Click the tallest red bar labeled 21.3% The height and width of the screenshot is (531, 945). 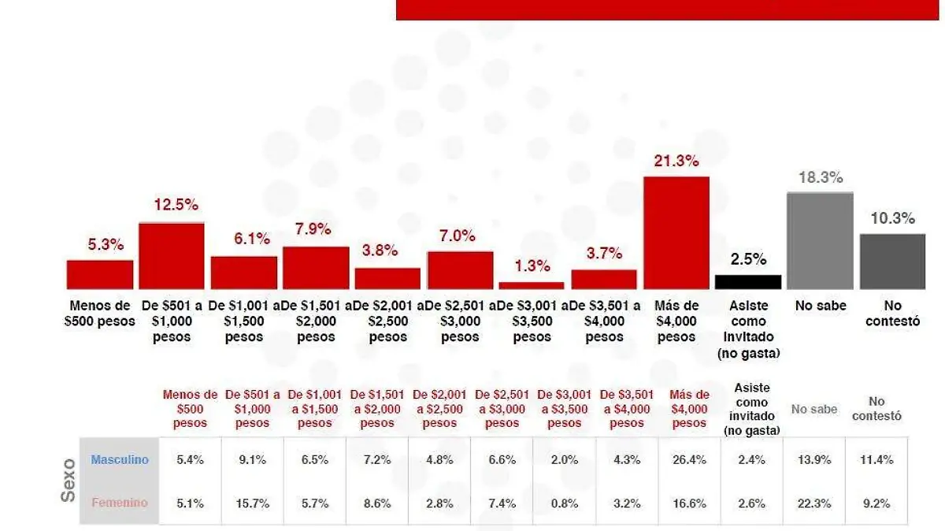pyautogui.click(x=676, y=232)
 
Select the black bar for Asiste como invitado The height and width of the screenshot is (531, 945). pyautogui.click(x=748, y=282)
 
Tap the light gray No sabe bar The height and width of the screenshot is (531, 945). pyautogui.click(x=820, y=240)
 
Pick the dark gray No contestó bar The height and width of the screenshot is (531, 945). pyautogui.click(x=892, y=261)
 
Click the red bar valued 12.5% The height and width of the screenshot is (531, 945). pyautogui.click(x=172, y=256)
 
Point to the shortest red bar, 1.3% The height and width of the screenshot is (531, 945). pyautogui.click(x=532, y=285)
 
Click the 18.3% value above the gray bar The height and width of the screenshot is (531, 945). pyautogui.click(x=820, y=178)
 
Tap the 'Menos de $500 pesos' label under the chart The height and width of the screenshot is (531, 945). pyautogui.click(x=99, y=314)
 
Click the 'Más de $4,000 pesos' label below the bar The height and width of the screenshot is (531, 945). pyautogui.click(x=676, y=321)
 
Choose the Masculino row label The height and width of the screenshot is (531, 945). pyautogui.click(x=120, y=460)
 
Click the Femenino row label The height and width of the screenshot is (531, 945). pyautogui.click(x=120, y=503)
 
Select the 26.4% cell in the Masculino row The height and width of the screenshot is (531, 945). pyautogui.click(x=690, y=460)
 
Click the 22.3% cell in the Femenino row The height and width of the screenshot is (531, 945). pyautogui.click(x=814, y=503)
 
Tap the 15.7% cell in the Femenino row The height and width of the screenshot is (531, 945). pyautogui.click(x=253, y=503)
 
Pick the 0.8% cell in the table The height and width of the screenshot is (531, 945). pyautogui.click(x=565, y=503)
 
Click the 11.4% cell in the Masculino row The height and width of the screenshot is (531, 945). pyautogui.click(x=876, y=460)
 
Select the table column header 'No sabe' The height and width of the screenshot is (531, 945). pyautogui.click(x=814, y=410)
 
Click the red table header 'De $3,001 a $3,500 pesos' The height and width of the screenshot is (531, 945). pyautogui.click(x=565, y=409)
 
